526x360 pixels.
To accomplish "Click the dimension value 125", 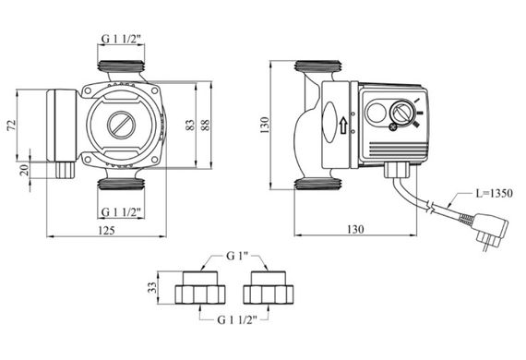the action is tap(107, 230).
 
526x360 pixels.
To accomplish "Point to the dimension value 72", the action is tap(12, 125).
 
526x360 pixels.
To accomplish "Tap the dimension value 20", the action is tap(25, 170).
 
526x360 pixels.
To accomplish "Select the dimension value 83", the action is tap(190, 125).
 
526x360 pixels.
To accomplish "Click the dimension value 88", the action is tap(205, 125).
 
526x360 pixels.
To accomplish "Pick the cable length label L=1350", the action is tap(495, 193).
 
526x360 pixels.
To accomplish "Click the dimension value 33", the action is tap(152, 287).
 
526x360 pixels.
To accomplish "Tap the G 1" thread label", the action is tap(237, 256).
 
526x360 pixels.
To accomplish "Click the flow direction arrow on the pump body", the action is tap(343, 126).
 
